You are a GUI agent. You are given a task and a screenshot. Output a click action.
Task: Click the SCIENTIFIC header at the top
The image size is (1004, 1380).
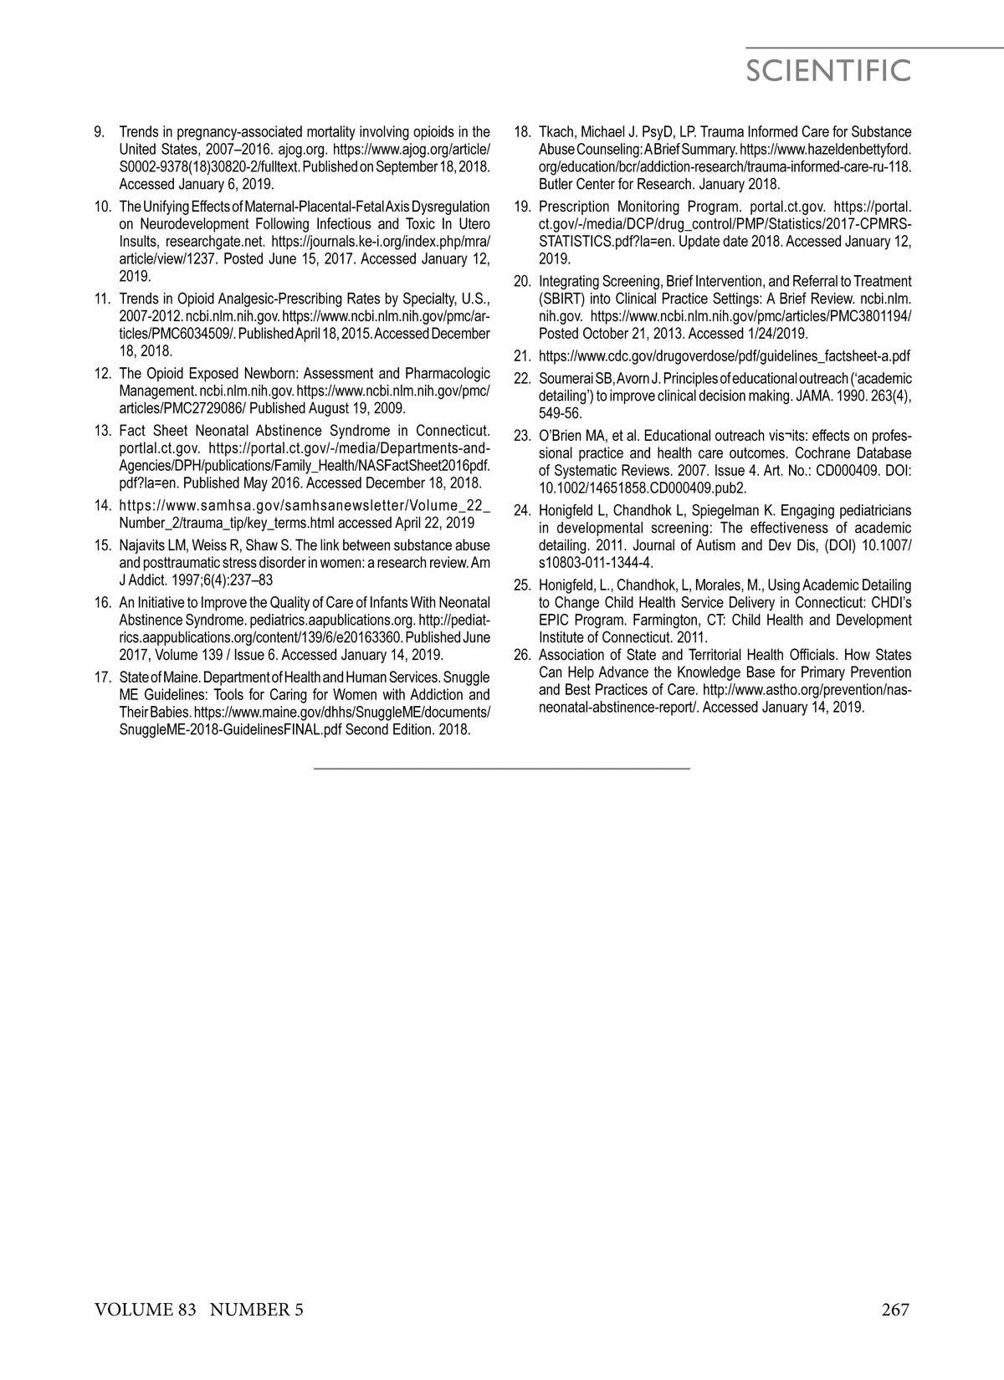(x=827, y=71)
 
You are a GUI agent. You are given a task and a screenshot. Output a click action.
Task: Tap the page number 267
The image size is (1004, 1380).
(x=894, y=1310)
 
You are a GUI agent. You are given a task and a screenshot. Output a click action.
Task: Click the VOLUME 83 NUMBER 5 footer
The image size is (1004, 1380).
(x=199, y=1310)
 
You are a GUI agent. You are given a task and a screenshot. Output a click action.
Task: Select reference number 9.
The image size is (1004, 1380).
(x=99, y=132)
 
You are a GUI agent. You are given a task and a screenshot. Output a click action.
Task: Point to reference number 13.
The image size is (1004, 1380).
(x=103, y=431)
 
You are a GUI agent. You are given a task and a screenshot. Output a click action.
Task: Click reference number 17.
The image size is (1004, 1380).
(x=103, y=677)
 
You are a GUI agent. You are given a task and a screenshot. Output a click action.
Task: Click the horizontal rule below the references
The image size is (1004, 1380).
(x=502, y=767)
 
